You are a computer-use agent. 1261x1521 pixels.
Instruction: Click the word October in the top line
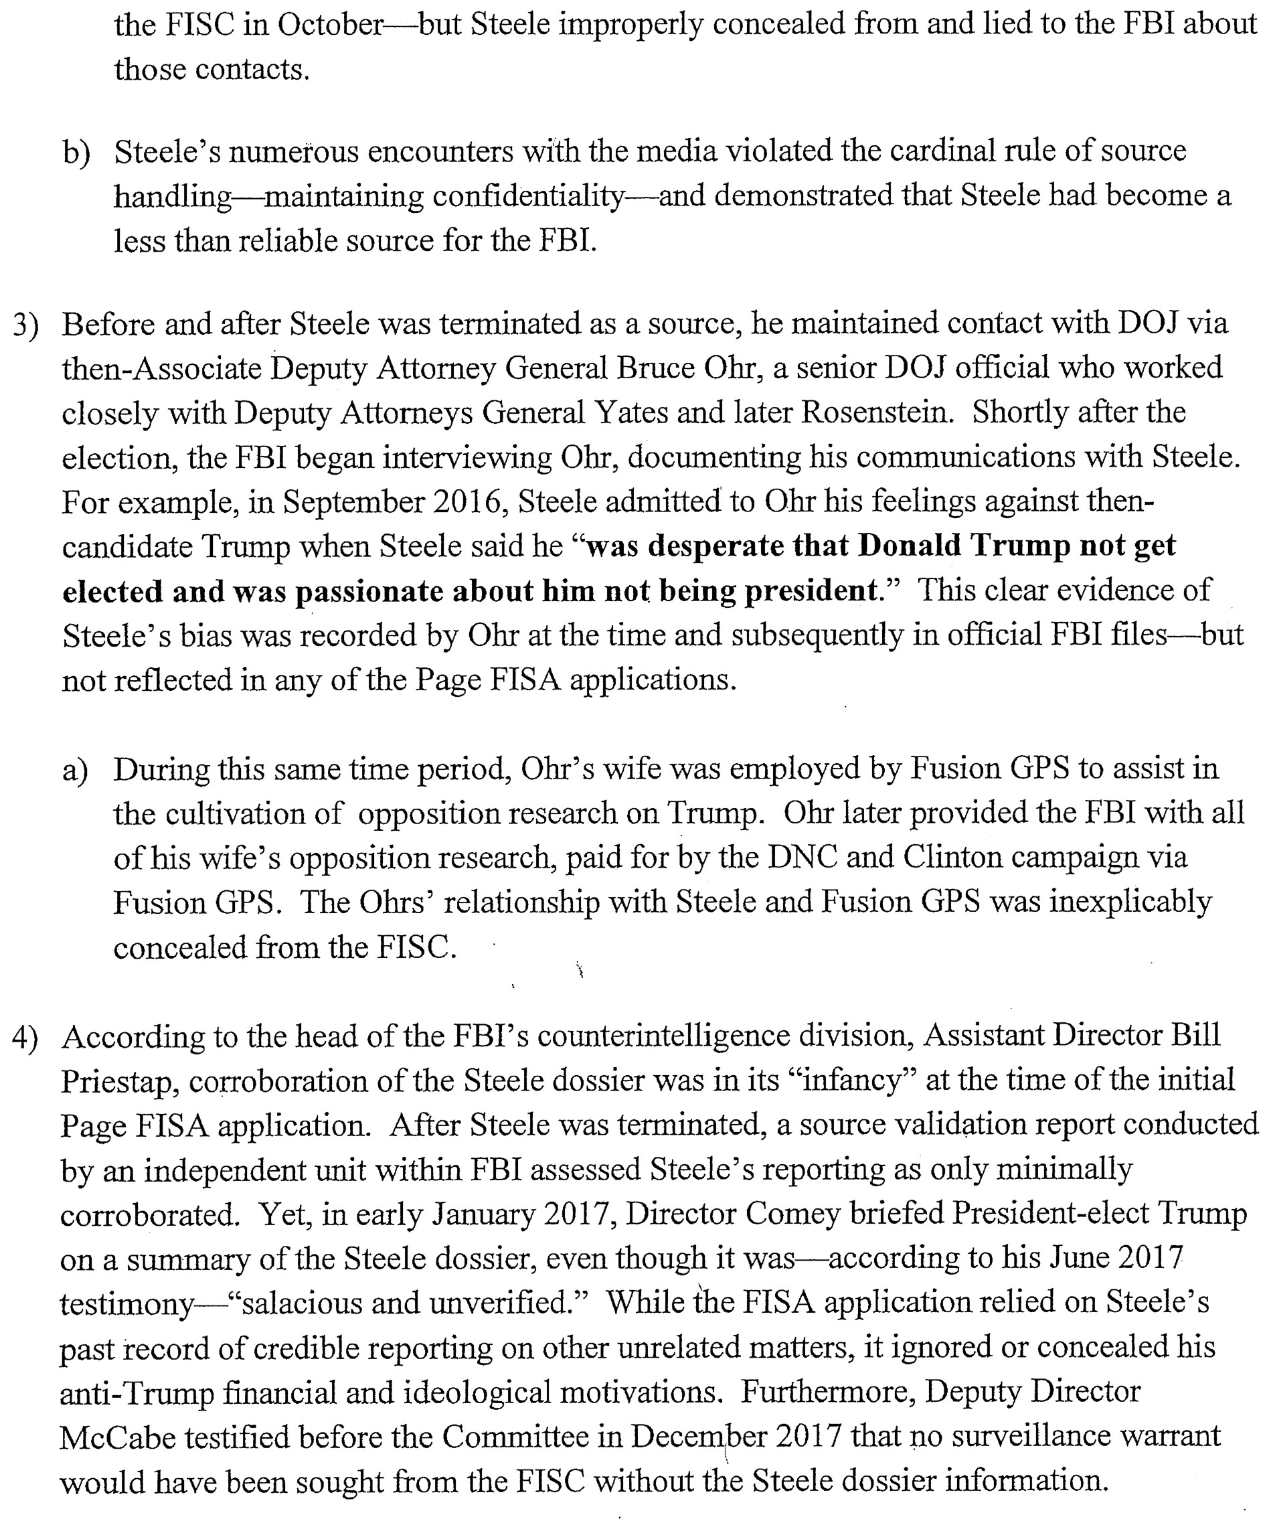(329, 25)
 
